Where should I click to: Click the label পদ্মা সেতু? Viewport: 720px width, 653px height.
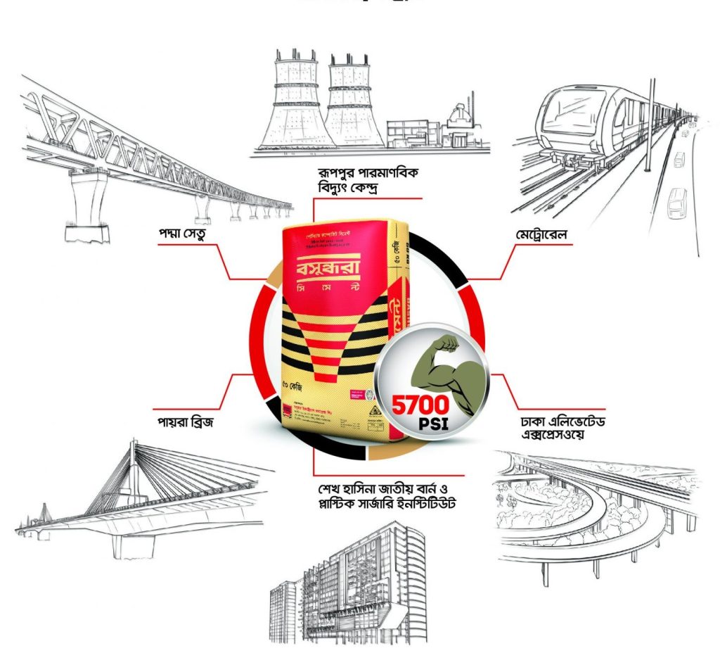point(185,232)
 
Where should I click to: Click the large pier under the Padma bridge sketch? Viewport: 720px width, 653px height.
point(88,204)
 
